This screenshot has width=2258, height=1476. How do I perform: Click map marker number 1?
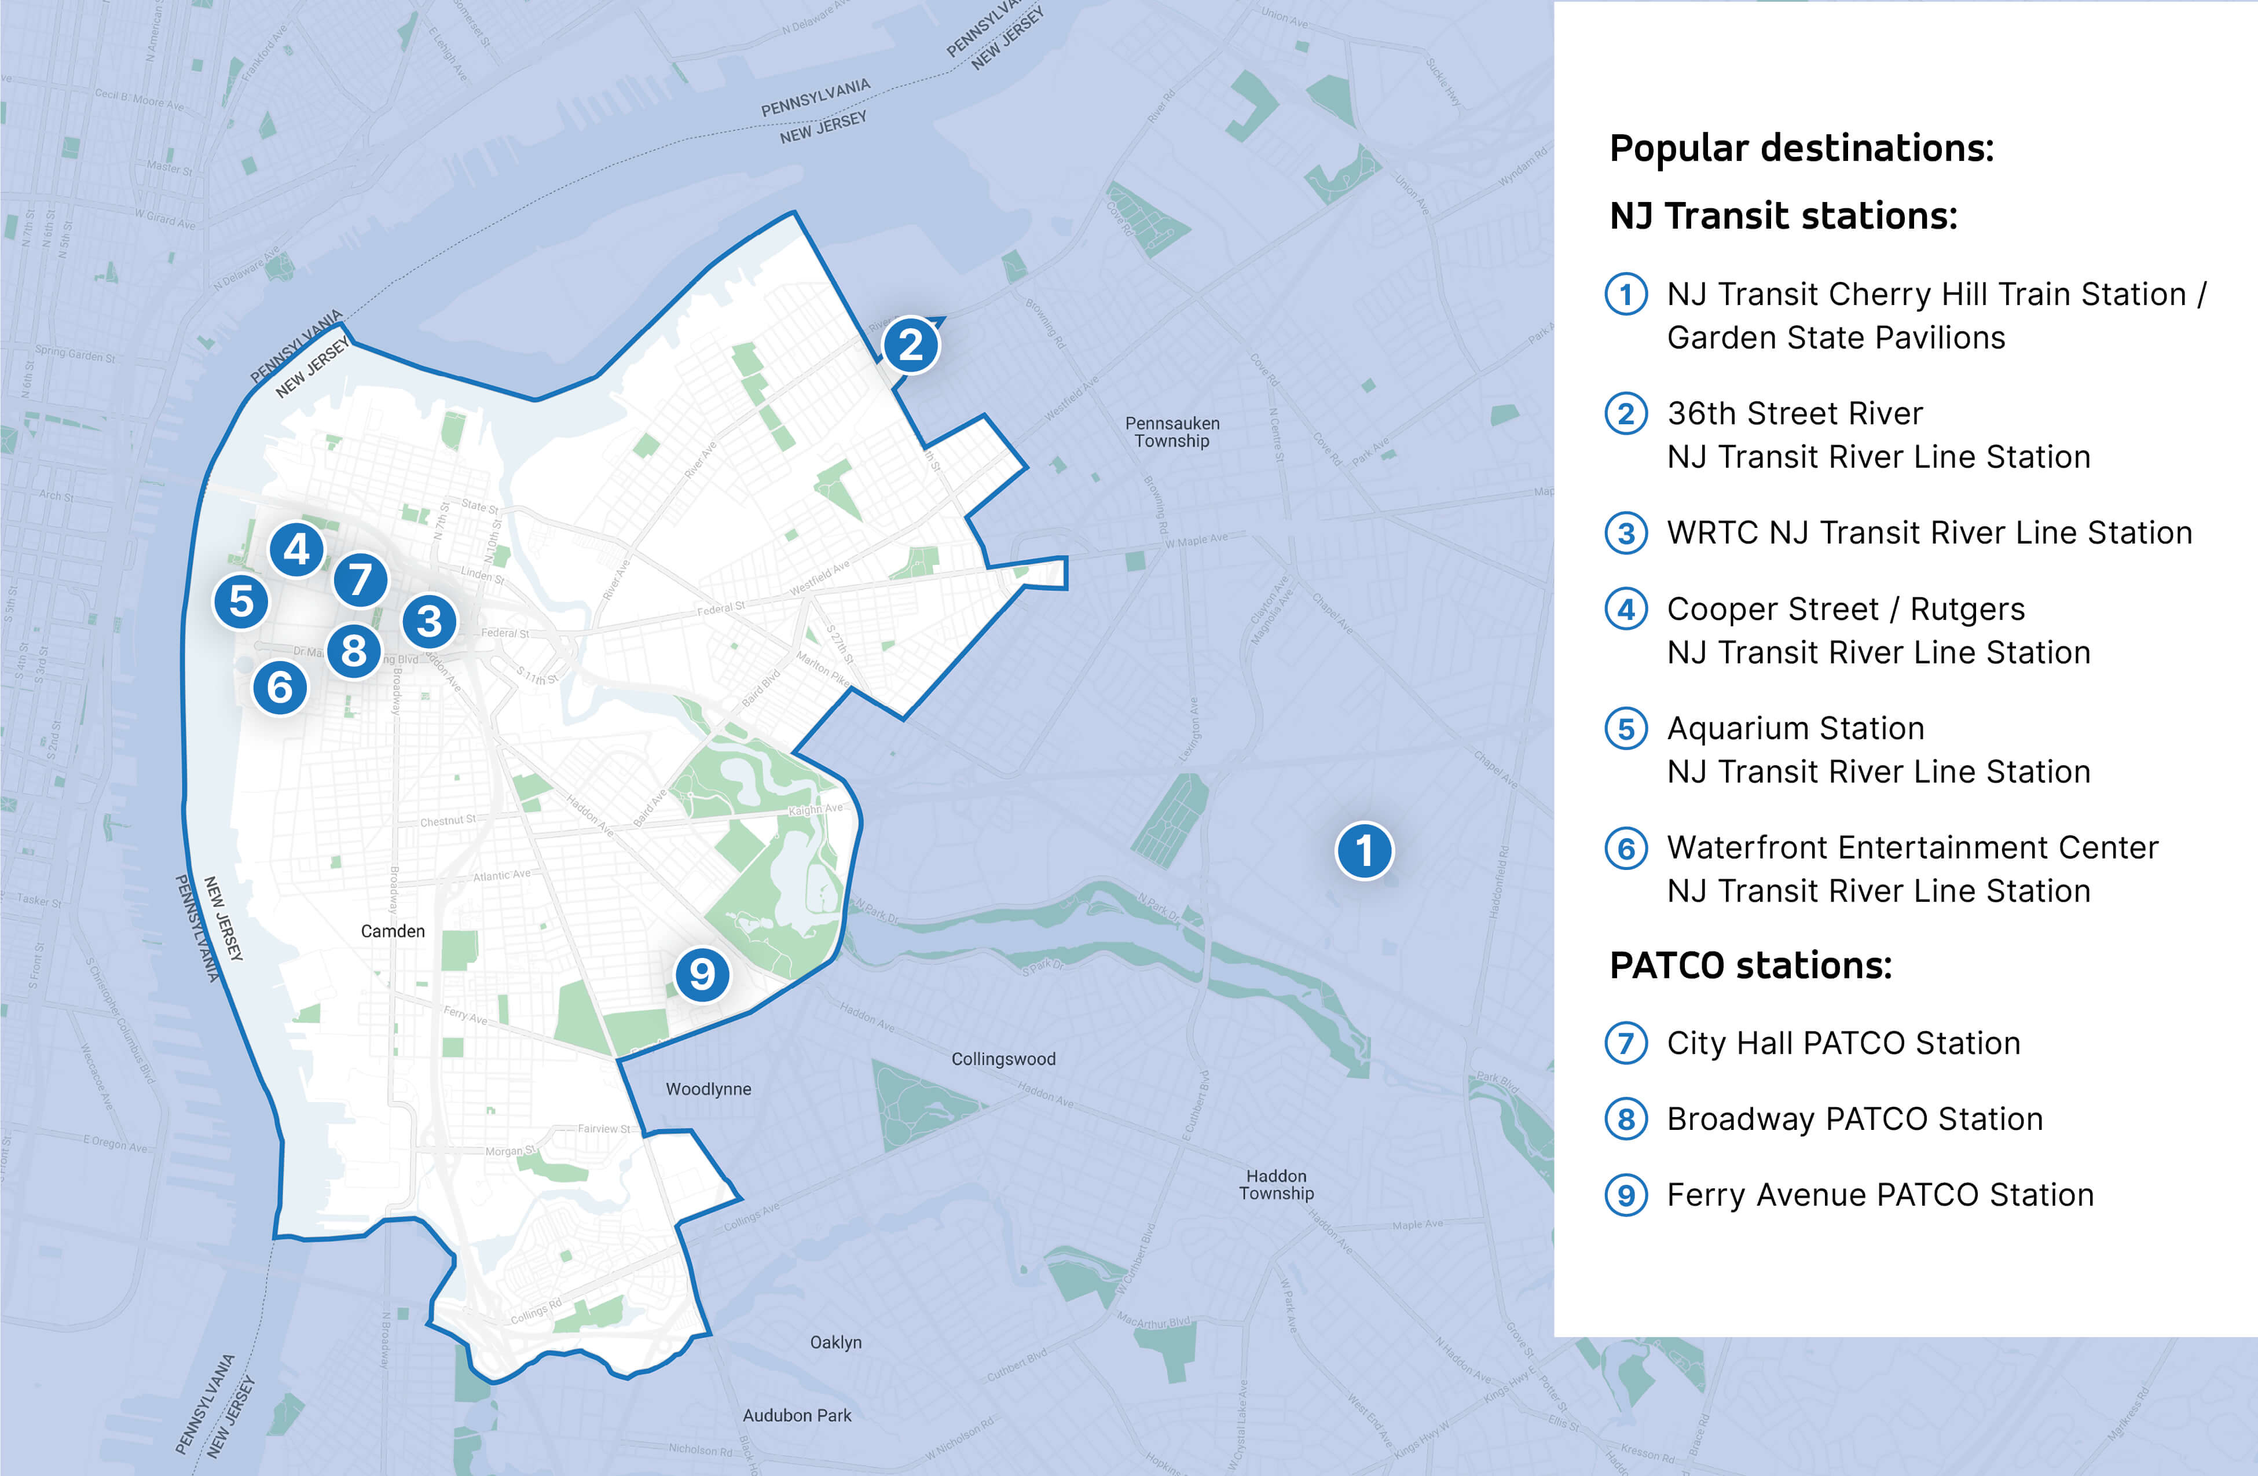[1364, 851]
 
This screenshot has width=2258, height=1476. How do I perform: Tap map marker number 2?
[911, 344]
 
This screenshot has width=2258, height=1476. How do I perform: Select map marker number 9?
[702, 974]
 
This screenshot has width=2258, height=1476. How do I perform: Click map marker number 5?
[241, 601]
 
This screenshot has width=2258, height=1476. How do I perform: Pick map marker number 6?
[280, 687]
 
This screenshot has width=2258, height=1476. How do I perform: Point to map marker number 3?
[429, 621]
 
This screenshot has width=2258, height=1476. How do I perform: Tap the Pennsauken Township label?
[1172, 432]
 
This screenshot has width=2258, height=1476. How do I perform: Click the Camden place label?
[393, 931]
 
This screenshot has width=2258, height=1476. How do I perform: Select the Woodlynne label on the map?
[708, 1089]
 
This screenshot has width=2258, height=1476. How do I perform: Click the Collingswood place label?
[1003, 1059]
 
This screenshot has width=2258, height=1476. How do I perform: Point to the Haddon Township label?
[1276, 1185]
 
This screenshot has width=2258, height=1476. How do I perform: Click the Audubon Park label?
[797, 1415]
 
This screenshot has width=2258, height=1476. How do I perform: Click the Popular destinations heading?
[1801, 149]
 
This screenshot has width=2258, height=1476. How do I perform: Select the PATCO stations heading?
[1750, 965]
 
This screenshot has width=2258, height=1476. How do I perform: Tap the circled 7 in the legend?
[1625, 1044]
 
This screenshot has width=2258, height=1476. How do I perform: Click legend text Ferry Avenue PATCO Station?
[1879, 1195]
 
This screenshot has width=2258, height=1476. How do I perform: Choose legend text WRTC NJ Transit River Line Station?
[1929, 533]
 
